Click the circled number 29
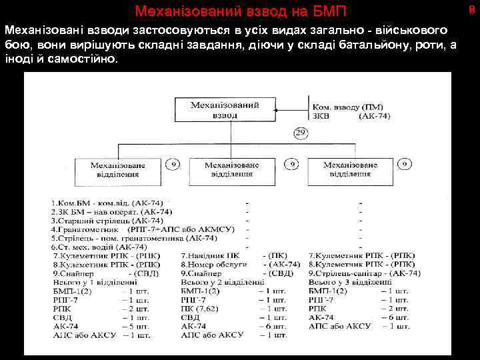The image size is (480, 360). pyautogui.click(x=300, y=133)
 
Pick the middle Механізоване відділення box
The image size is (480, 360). pyautogui.click(x=233, y=169)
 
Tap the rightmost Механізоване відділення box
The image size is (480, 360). pyautogui.click(x=350, y=169)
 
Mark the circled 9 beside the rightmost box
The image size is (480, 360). pyautogui.click(x=405, y=163)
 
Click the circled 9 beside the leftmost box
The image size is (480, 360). pyautogui.click(x=173, y=163)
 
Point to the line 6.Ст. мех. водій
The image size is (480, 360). pyautogui.click(x=99, y=247)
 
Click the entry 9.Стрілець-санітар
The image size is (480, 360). pyautogui.click(x=364, y=273)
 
